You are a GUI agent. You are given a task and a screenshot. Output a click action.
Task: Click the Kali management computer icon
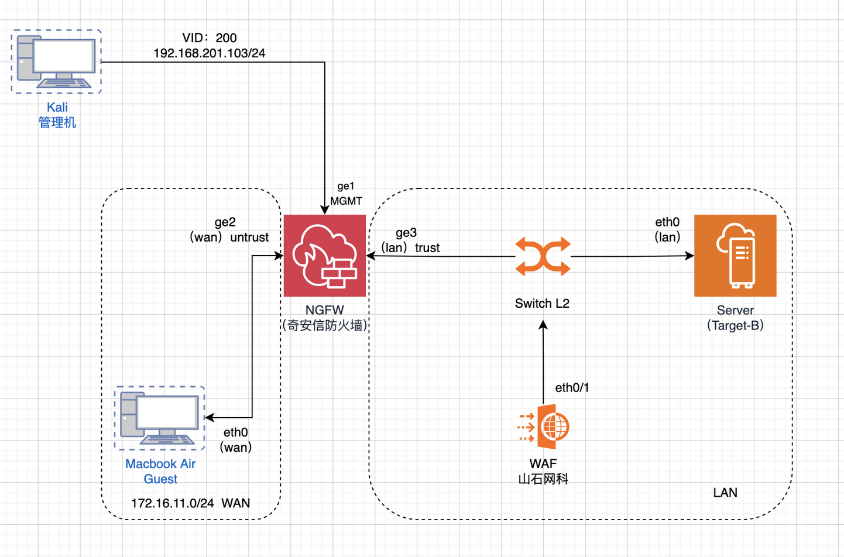[56, 61]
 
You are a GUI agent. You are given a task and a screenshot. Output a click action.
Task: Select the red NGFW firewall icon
[325, 256]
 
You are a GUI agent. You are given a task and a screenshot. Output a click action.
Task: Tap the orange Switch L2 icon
[543, 256]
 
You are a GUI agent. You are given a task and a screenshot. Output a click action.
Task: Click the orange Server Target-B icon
[735, 256]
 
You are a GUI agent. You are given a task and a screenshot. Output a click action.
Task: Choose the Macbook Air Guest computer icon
[160, 418]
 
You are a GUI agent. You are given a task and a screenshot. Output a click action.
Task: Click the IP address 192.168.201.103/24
[209, 53]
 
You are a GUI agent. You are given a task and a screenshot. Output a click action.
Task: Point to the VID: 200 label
[209, 38]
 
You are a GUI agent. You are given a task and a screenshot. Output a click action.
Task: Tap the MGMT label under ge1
[346, 201]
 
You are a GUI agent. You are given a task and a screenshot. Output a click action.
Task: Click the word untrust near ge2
[249, 237]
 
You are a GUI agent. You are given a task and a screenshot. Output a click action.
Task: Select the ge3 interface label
[406, 233]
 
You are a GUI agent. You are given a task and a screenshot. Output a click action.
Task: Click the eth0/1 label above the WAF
[572, 387]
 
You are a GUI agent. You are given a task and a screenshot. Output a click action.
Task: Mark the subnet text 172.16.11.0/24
[173, 503]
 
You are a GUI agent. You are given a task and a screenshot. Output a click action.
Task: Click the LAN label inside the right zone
[725, 493]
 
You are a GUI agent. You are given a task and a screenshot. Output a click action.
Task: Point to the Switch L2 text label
[542, 303]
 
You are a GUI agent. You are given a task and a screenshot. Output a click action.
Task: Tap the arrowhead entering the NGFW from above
[325, 210]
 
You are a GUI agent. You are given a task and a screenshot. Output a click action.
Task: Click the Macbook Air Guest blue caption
[160, 472]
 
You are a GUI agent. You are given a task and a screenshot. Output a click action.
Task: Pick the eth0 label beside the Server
[667, 222]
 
